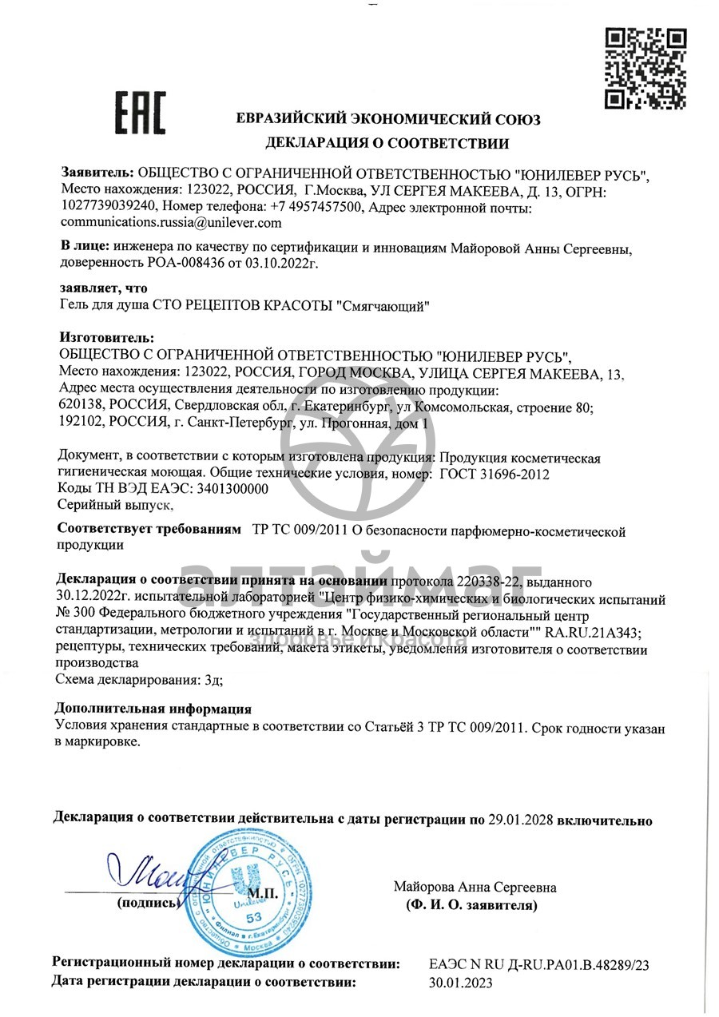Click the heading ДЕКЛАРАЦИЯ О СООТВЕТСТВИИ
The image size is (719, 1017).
pyautogui.click(x=387, y=144)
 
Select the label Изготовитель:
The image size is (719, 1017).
pyautogui.click(x=107, y=339)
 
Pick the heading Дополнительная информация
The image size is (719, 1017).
pyautogui.click(x=153, y=709)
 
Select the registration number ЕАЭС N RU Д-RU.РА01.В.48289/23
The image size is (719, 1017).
pyautogui.click(x=539, y=965)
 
